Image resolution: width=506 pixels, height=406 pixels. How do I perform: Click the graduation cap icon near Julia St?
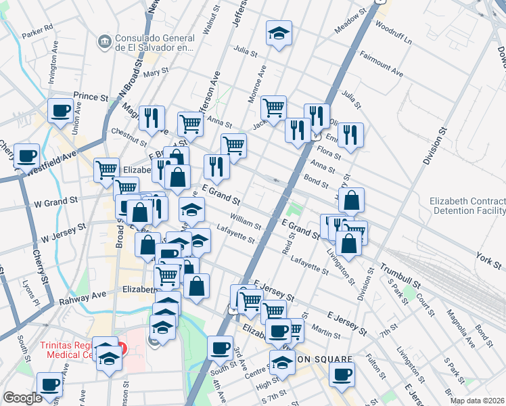[279, 34]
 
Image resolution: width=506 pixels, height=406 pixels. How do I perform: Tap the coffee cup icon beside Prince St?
[60, 111]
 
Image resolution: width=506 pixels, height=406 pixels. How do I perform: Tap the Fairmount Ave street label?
[382, 63]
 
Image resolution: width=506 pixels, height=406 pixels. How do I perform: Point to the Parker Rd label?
[37, 30]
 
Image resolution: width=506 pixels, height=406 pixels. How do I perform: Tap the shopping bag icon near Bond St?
[352, 201]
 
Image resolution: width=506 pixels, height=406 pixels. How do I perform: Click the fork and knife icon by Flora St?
[350, 136]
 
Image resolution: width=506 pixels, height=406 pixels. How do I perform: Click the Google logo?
[22, 398]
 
